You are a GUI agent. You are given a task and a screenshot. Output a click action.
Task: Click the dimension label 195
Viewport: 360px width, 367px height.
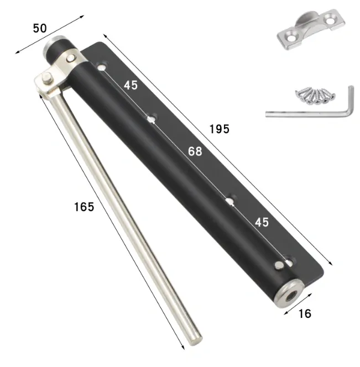point(219,129)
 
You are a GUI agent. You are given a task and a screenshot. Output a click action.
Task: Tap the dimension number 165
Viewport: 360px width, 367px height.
point(84,207)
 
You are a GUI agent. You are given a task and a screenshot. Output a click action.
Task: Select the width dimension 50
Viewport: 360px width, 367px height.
point(40,28)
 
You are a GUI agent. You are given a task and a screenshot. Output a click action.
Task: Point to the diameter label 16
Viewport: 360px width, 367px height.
point(304,313)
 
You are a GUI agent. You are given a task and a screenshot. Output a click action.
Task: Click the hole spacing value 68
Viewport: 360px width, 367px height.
point(195,151)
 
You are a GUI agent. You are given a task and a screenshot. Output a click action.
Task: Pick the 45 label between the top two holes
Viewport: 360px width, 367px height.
point(131,85)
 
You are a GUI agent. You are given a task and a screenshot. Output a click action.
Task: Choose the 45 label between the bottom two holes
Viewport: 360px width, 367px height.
point(262,222)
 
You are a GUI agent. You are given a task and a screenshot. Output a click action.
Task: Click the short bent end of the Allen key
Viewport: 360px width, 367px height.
point(349,99)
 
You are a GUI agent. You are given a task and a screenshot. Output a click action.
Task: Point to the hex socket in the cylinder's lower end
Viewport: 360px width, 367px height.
point(289,294)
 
